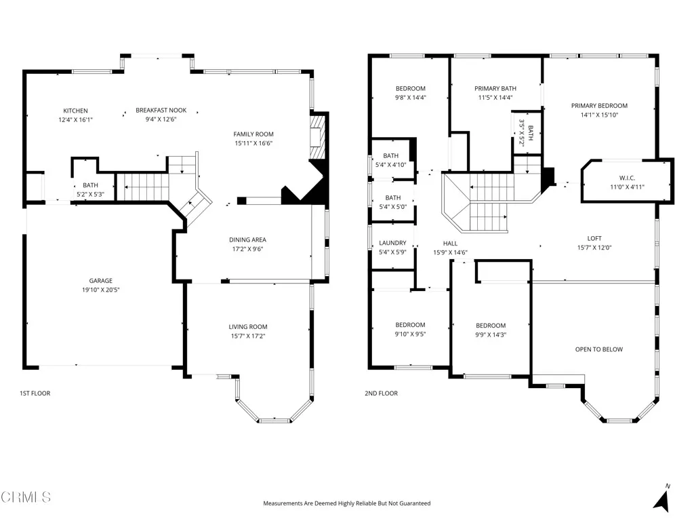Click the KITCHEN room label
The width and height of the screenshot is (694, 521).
[75, 111]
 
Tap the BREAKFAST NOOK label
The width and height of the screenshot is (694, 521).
[161, 110]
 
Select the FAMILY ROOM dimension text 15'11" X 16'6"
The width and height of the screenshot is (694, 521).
[253, 143]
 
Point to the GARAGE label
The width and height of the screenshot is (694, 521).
[100, 281]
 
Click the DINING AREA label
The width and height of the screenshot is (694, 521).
[247, 239]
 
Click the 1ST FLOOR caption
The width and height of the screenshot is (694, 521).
[35, 393]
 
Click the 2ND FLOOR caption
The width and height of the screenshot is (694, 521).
[382, 393]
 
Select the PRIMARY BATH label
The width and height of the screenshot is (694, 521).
[495, 88]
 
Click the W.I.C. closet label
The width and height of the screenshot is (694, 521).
[626, 178]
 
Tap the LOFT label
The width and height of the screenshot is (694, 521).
[594, 238]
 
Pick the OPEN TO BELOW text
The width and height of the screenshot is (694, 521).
[598, 349]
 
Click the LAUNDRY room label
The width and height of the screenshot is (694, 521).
[392, 243]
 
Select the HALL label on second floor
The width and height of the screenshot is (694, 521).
[450, 243]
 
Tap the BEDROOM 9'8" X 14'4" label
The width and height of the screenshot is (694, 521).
[411, 88]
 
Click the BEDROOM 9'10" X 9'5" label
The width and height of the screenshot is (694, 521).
[411, 325]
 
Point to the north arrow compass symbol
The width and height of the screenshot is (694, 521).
[662, 499]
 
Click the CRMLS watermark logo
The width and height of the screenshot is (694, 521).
[26, 497]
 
